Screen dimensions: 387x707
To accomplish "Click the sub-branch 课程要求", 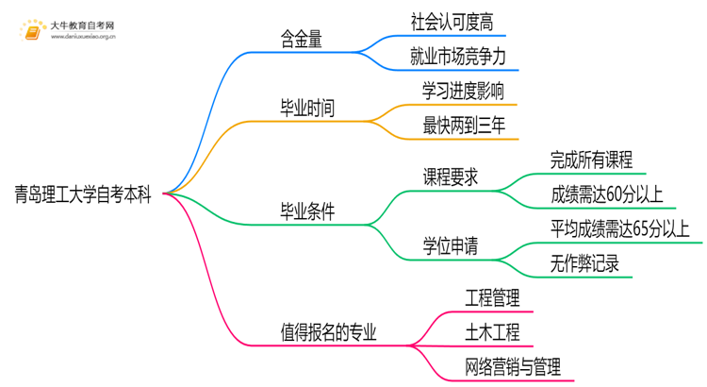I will [x=450, y=177].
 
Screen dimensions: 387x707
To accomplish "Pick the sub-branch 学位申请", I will [x=450, y=247].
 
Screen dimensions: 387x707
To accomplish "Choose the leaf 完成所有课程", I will [x=591, y=160].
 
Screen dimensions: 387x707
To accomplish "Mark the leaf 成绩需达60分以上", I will [x=607, y=194].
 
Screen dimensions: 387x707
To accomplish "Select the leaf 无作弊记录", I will [x=584, y=264].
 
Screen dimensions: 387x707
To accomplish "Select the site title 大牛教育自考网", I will [x=83, y=24].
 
